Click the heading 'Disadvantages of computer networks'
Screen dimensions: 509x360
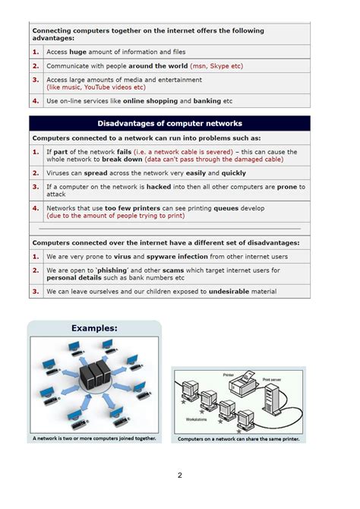click(x=169, y=123)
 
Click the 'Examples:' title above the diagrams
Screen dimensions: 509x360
click(x=94, y=328)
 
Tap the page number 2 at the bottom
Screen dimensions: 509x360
click(x=180, y=476)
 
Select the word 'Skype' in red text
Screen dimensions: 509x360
click(x=219, y=66)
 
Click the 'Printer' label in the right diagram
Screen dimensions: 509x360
click(x=229, y=375)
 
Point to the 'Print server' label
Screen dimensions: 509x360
click(x=273, y=379)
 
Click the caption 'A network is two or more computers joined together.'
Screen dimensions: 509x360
click(x=94, y=438)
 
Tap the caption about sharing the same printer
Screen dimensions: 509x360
click(x=238, y=439)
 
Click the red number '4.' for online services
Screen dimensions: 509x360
click(x=36, y=100)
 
